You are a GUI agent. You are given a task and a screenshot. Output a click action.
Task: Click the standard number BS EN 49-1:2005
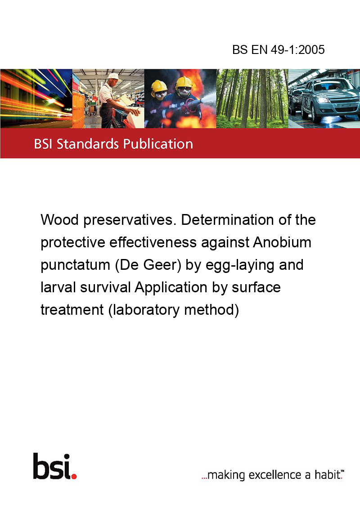(x=279, y=49)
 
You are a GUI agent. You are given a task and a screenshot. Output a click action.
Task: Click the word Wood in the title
(x=60, y=220)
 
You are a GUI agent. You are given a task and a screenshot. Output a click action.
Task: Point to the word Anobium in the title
(x=282, y=242)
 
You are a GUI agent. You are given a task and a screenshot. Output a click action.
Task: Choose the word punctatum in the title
(x=76, y=265)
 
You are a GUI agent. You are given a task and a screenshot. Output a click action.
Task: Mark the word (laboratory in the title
(x=144, y=310)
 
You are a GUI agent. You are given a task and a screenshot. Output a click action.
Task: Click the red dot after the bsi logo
(x=74, y=476)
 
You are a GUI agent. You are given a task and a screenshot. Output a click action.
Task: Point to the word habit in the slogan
(x=327, y=474)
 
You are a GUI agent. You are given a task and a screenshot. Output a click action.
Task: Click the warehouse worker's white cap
(x=114, y=76)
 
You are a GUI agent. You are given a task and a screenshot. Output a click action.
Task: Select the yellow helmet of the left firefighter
(x=159, y=86)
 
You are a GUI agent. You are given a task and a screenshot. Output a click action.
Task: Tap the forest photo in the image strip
(x=252, y=98)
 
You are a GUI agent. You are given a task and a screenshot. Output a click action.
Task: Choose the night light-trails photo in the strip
(x=36, y=98)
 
